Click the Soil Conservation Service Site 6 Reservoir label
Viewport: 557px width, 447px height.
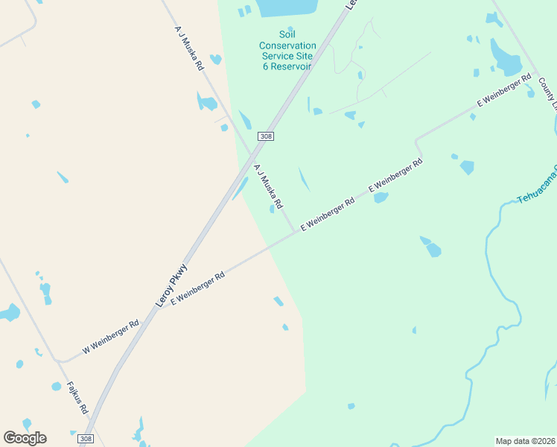[287, 51]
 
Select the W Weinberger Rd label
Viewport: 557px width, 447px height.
[111, 337]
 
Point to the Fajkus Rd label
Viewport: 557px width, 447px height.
[77, 399]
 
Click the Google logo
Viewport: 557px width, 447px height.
[25, 438]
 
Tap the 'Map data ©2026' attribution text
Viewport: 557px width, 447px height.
[525, 441]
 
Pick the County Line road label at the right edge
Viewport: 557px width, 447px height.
[549, 93]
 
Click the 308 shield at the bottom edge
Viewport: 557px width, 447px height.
[86, 439]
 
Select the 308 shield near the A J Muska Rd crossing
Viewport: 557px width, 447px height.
[266, 136]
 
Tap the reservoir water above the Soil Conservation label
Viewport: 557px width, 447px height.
[287, 7]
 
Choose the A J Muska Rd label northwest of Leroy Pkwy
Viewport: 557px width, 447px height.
[189, 48]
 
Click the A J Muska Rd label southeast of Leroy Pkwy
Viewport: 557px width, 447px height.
[269, 186]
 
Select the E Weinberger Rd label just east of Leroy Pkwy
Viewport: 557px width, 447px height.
[197, 289]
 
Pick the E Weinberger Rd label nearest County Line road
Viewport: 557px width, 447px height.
[504, 91]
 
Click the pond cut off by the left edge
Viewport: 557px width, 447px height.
[9, 312]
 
